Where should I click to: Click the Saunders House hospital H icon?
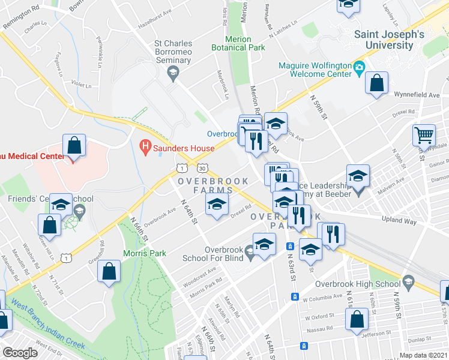[145, 145]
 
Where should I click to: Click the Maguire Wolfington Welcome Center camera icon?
[360, 66]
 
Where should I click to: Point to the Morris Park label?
[145, 253]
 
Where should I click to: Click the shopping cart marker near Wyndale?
[424, 136]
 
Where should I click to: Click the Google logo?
[20, 353]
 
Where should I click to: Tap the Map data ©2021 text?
[423, 355]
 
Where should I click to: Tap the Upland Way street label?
[399, 221]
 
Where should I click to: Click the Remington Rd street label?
[21, 17]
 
